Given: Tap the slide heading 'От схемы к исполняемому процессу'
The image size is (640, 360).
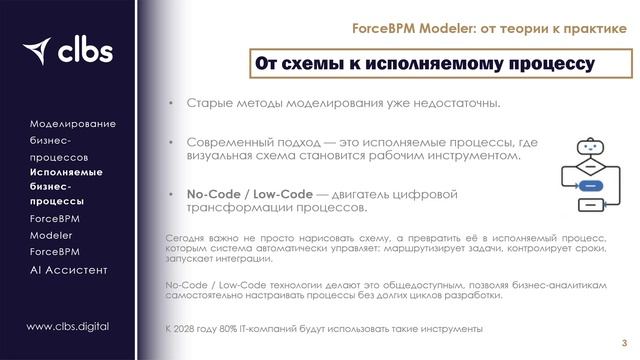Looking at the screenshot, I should [425, 64].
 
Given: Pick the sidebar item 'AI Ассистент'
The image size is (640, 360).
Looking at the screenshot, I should [68, 270].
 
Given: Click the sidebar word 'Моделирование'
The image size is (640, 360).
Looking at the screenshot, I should [73, 123].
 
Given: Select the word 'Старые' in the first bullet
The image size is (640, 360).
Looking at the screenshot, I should [206, 104].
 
